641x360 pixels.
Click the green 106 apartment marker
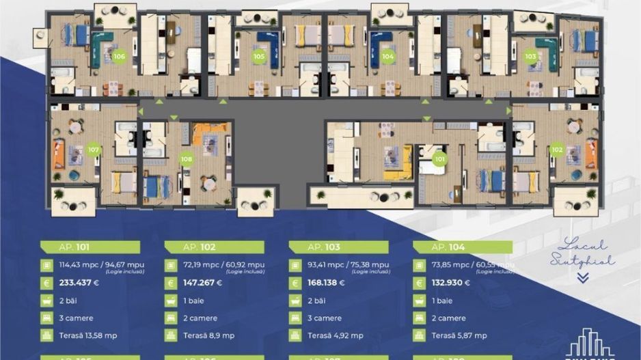tap(120, 57)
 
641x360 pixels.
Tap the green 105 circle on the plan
tap(259, 57)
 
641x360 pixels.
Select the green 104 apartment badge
tap(388, 57)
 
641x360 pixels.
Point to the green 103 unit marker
tap(530, 57)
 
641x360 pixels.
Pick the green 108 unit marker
tap(186, 159)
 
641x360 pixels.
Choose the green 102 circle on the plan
tap(557, 150)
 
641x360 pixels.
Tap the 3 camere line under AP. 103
tap(326, 318)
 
